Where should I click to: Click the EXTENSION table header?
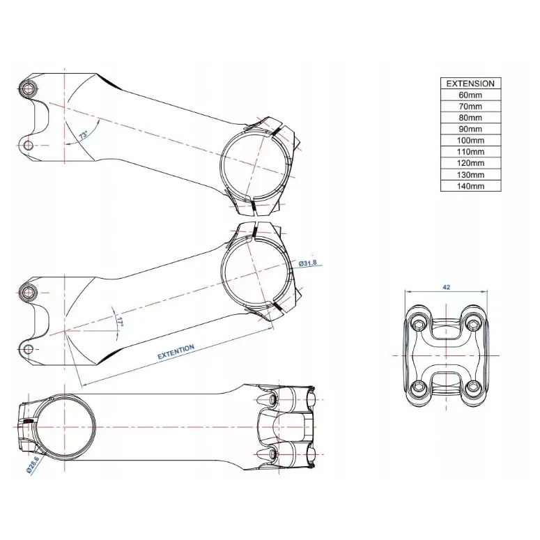(x=470, y=84)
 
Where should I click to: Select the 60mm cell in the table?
(x=470, y=95)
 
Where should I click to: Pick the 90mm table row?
(x=470, y=129)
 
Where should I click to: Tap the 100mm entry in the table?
(x=470, y=141)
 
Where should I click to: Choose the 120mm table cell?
(x=470, y=163)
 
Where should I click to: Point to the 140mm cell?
(x=470, y=186)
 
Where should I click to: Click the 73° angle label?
(x=84, y=134)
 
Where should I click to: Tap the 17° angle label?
(x=120, y=322)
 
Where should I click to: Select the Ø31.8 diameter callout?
(x=307, y=263)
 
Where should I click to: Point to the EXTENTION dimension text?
(x=176, y=352)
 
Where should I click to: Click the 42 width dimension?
(x=447, y=287)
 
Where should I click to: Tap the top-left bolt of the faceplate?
(x=419, y=323)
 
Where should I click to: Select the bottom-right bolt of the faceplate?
(x=473, y=387)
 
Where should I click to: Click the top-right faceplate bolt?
(x=473, y=323)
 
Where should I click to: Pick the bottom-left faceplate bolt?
(x=419, y=387)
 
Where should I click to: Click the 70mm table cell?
(x=470, y=107)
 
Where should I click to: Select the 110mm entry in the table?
(x=470, y=152)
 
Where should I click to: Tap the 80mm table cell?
(x=470, y=118)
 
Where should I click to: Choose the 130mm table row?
(x=470, y=175)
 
